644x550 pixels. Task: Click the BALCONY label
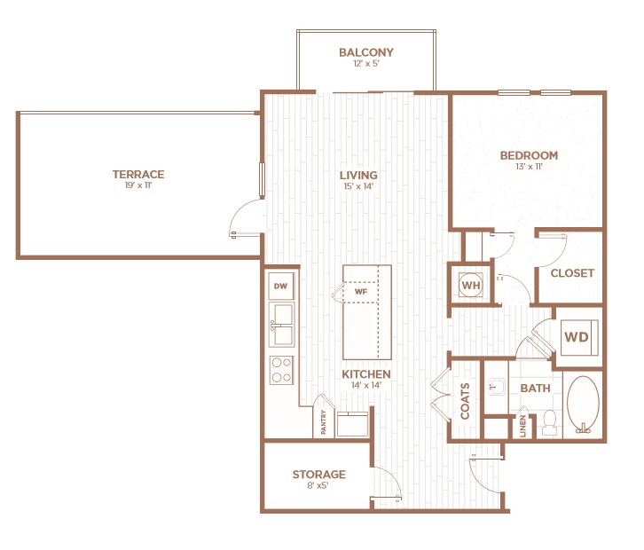point(365,52)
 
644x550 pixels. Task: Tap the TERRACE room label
point(137,174)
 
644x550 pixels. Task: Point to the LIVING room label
point(358,175)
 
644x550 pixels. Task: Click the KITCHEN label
point(366,374)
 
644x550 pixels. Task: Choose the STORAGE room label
point(318,475)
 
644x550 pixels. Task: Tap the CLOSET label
point(572,273)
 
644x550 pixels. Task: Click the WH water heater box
point(469,285)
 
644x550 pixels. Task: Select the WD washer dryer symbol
point(577,337)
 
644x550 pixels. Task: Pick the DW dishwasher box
point(281,286)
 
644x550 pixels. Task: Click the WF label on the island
point(360,291)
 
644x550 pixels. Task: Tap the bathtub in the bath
point(583,405)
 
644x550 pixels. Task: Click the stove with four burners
point(281,369)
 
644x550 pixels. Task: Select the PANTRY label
point(323,421)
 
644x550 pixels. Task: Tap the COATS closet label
point(465,401)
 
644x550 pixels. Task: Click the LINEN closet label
point(523,427)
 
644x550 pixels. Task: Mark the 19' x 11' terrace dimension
point(137,186)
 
